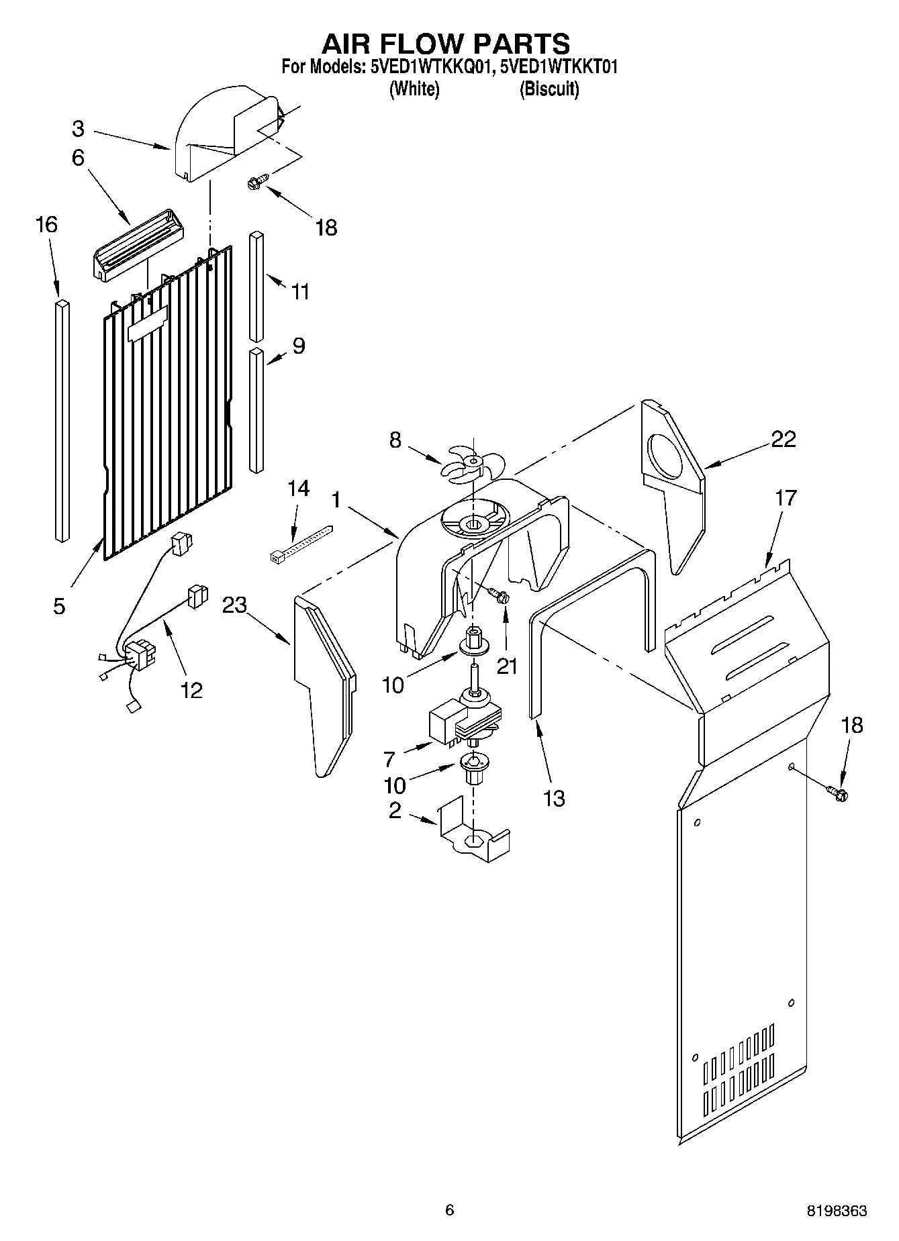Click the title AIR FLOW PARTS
446,44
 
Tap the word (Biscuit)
549,89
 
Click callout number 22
783,439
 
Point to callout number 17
786,498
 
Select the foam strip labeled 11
256,287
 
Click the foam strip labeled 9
255,409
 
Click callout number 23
234,605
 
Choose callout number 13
555,798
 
